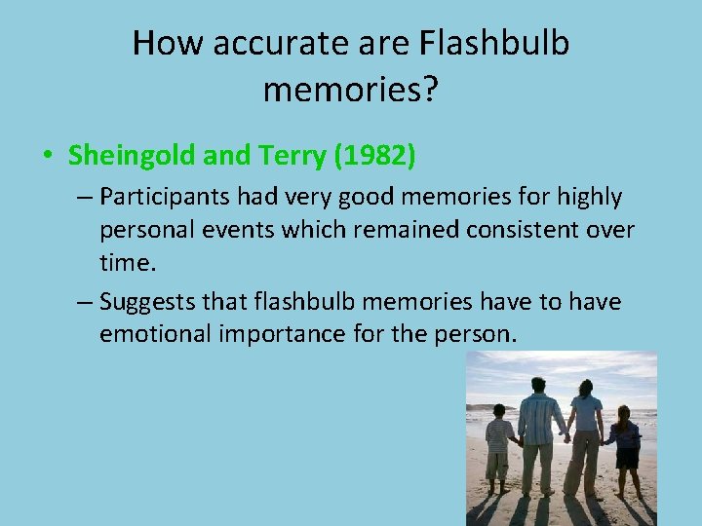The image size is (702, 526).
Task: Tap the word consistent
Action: [x=527, y=231]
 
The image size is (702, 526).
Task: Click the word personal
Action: [x=142, y=231]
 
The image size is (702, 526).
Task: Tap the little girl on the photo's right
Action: [x=625, y=443]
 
